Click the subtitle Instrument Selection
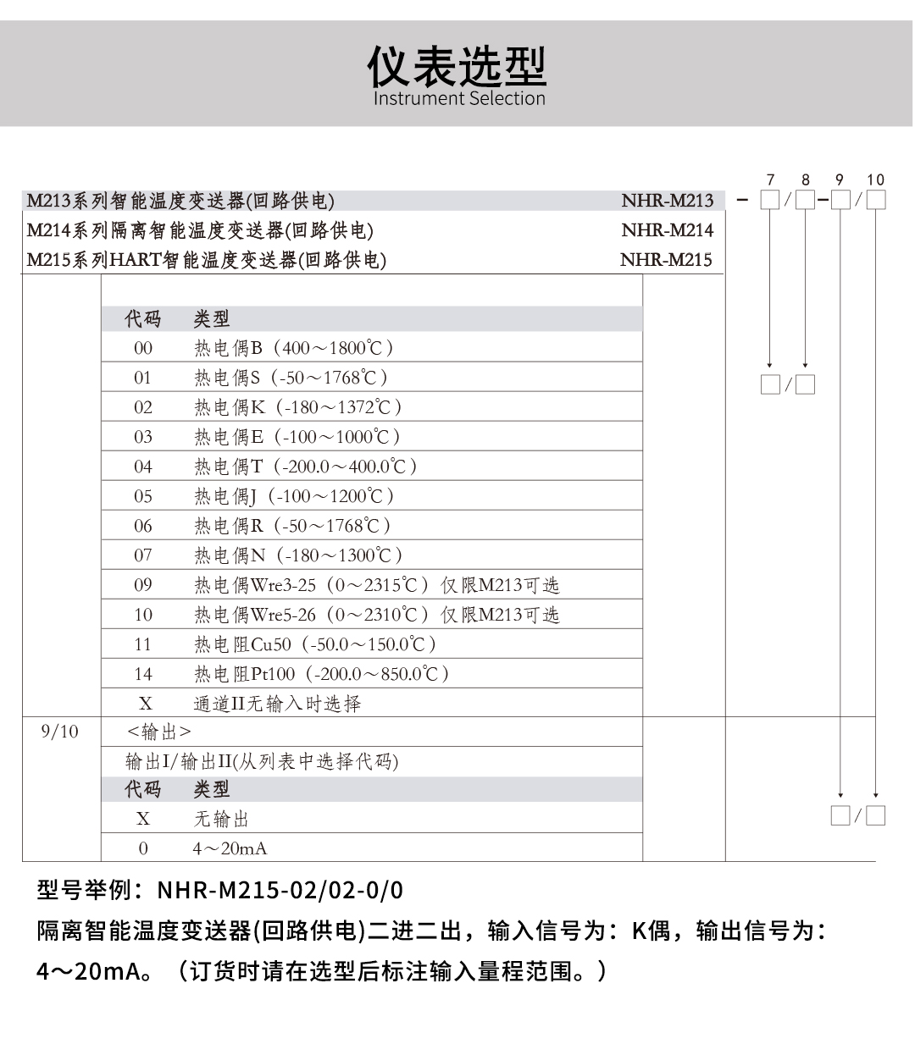(459, 99)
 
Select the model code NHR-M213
(667, 201)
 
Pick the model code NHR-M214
(667, 230)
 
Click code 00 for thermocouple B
(143, 348)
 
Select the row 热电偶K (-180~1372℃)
(297, 407)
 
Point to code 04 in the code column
(143, 467)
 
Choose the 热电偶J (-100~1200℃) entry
(293, 496)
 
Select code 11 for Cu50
(143, 644)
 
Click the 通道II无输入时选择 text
(277, 704)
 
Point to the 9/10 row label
(59, 732)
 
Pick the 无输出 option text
(221, 819)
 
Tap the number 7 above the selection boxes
(770, 180)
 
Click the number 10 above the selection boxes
(875, 180)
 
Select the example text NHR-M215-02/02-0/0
(280, 891)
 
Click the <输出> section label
(158, 732)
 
